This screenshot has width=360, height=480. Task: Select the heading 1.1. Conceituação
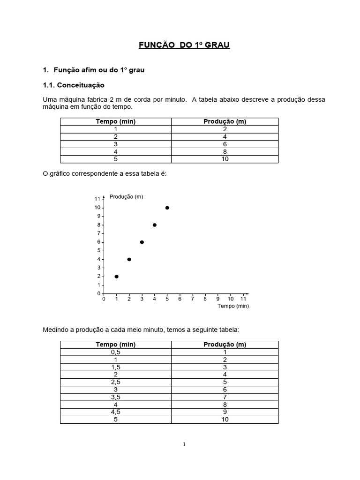[74, 85]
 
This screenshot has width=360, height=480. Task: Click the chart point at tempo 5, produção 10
[167, 208]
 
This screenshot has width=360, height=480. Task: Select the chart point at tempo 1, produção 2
[116, 277]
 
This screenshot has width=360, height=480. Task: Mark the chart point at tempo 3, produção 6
[142, 242]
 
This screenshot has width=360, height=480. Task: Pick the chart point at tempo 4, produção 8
[155, 225]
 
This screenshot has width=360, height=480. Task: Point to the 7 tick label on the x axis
[193, 299]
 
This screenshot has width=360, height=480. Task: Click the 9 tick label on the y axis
[98, 216]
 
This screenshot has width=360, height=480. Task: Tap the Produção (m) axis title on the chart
[126, 197]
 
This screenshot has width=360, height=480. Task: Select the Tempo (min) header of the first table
[115, 122]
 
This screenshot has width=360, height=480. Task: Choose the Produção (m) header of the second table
[225, 345]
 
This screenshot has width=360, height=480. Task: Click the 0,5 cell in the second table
[115, 352]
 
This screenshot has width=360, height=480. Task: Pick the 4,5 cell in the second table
[115, 412]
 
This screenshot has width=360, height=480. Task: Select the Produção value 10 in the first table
[225, 159]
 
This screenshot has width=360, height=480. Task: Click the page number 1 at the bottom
[184, 444]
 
